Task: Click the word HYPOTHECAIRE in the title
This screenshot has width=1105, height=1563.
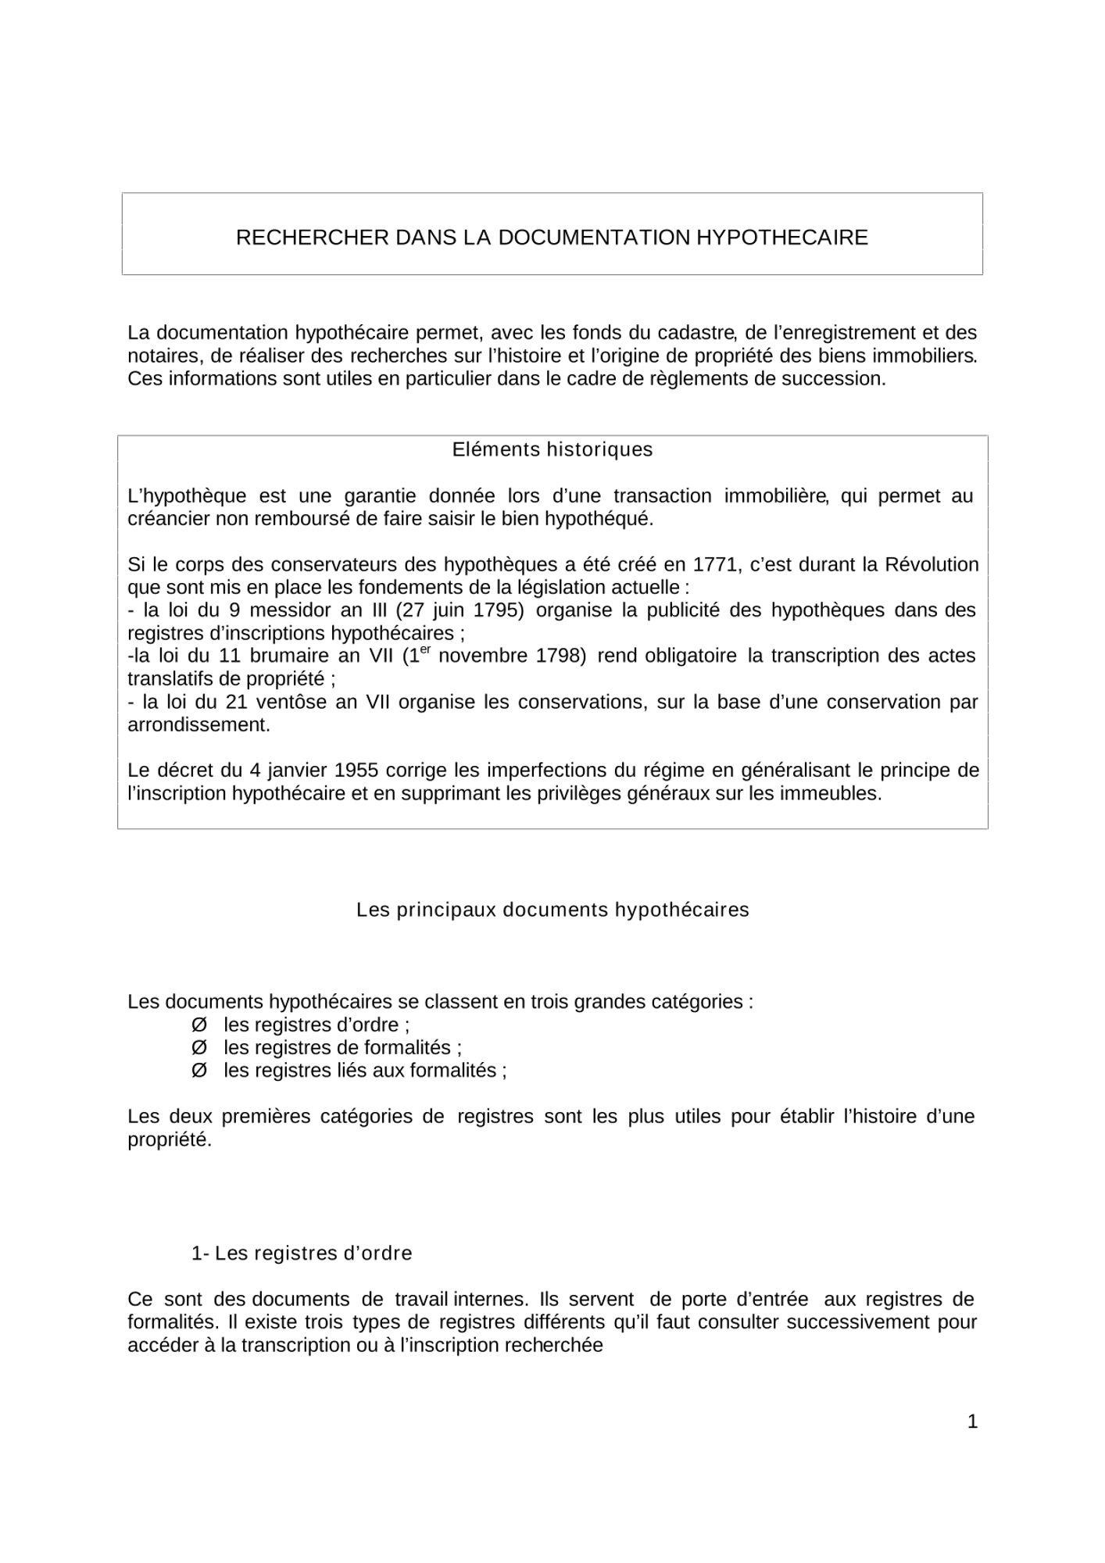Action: click(x=781, y=238)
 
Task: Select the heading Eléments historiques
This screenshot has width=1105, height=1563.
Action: click(x=552, y=450)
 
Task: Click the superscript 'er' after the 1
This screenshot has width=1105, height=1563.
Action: click(x=425, y=649)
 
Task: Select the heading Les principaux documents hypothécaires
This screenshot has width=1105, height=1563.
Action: click(x=552, y=910)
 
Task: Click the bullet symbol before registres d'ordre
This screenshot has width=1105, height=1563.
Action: click(x=199, y=1025)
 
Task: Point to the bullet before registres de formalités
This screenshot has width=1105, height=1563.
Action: click(x=199, y=1047)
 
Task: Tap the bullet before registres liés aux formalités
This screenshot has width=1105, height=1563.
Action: click(x=199, y=1071)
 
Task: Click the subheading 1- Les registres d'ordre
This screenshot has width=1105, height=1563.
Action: click(x=302, y=1254)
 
